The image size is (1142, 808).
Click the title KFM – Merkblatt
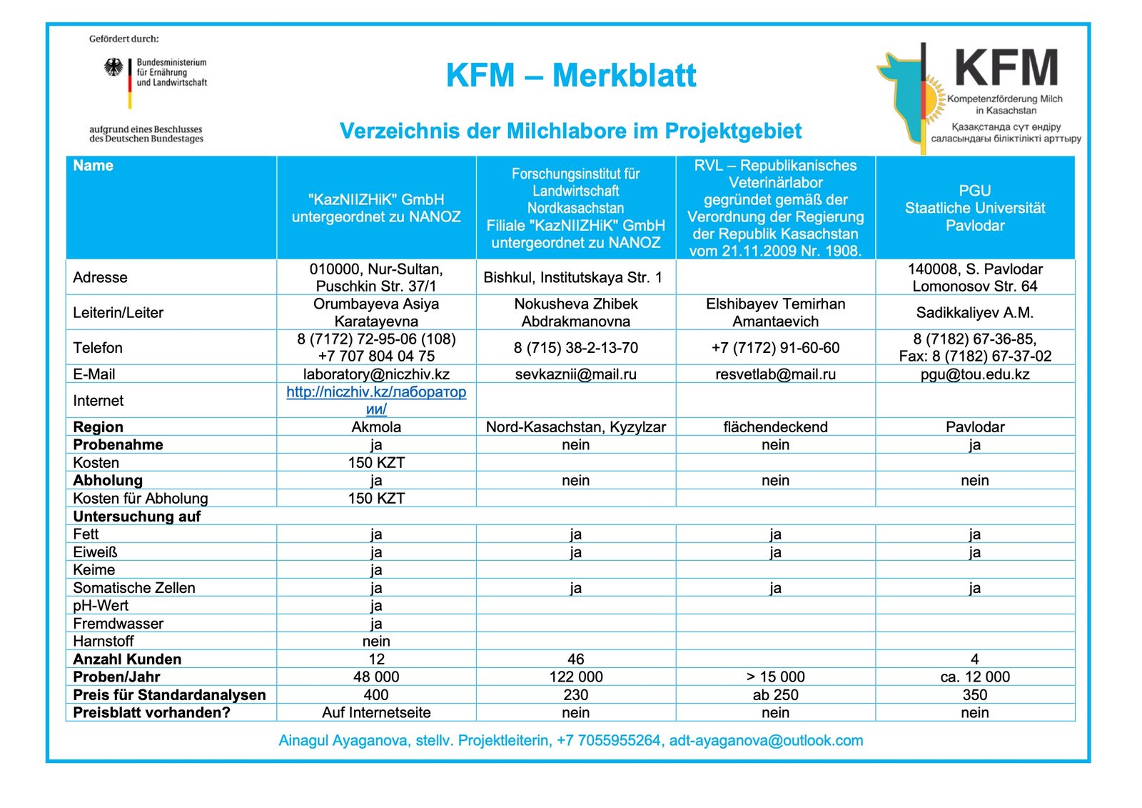click(570, 76)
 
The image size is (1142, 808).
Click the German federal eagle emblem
click(113, 68)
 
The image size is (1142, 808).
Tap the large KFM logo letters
click(1006, 69)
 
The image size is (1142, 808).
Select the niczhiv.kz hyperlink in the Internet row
click(376, 400)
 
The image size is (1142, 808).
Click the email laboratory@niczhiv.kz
click(376, 374)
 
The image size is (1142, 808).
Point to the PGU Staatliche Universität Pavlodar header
click(974, 208)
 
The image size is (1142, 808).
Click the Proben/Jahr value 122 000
click(575, 677)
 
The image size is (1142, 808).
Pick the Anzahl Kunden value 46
click(575, 659)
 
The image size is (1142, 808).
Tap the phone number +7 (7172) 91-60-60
click(775, 348)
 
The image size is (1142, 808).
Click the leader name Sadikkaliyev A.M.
click(974, 313)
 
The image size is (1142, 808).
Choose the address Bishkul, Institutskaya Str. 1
click(572, 277)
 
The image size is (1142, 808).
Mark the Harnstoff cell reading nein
click(376, 641)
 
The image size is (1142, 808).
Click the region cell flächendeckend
click(775, 427)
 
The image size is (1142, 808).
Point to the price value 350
click(974, 694)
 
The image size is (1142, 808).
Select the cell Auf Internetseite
click(376, 712)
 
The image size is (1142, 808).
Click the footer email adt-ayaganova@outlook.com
click(766, 741)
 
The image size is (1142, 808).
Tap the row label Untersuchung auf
click(137, 517)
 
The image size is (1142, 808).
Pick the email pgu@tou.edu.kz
click(974, 374)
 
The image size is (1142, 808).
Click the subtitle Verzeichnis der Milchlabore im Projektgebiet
click(570, 131)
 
